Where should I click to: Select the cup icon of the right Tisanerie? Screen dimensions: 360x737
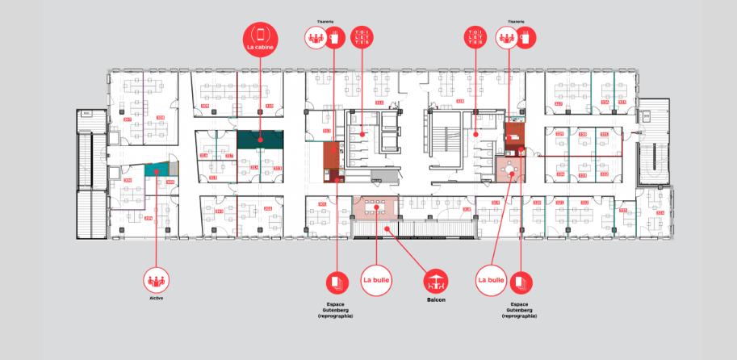[528, 36]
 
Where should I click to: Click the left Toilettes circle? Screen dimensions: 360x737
[361, 36]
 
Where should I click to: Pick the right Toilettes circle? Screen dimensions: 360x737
[475, 36]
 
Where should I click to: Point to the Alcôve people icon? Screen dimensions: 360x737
[156, 282]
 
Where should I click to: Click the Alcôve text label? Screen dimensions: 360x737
[156, 299]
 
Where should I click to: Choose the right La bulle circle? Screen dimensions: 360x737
[491, 280]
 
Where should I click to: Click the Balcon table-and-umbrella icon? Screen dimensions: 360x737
[436, 281]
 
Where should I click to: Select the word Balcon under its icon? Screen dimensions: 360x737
[436, 299]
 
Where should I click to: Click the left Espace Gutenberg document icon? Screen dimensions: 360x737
[336, 282]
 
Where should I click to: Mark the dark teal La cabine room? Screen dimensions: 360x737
[260, 140]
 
